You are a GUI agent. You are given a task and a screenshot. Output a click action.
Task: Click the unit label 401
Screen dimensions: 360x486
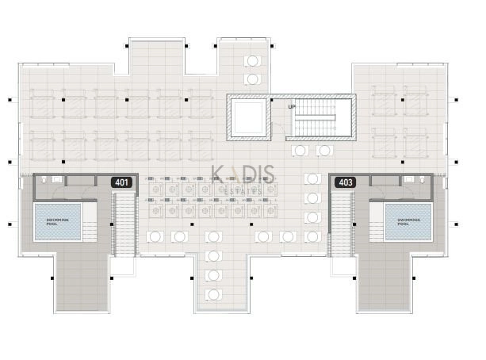click(123, 182)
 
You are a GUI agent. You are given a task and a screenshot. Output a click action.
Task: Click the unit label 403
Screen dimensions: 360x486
click(346, 182)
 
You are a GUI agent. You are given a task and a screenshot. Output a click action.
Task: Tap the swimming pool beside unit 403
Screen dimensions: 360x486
click(408, 221)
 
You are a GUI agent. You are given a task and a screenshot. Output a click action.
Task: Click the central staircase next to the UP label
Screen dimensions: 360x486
click(321, 117)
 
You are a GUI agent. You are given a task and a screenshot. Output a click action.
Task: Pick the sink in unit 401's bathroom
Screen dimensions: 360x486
click(57, 180)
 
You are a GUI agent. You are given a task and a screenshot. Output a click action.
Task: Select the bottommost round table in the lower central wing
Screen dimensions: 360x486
click(212, 294)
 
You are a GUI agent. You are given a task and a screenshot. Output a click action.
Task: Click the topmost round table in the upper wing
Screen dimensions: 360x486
click(252, 61)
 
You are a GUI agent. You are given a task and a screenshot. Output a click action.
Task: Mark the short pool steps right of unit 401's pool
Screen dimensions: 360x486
click(89, 221)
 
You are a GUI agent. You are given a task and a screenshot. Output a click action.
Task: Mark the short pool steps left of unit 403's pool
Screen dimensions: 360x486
click(376, 221)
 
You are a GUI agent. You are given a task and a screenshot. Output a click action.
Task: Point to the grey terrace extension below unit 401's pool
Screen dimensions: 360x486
click(82, 281)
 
